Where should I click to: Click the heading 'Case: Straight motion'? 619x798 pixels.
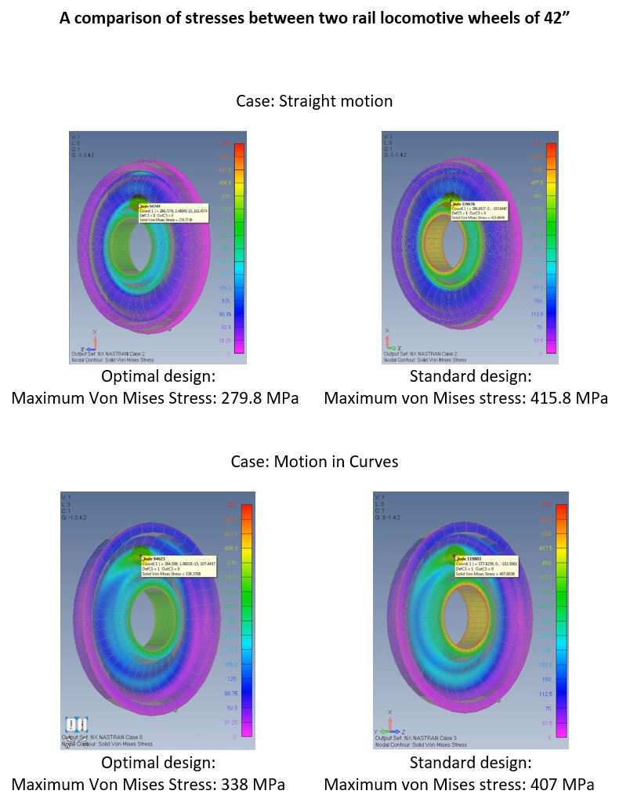[x=314, y=101]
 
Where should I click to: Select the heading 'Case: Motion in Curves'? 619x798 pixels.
[x=314, y=462]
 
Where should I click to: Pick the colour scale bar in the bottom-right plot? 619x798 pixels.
[x=561, y=619]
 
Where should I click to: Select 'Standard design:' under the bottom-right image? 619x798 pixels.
[x=470, y=762]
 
